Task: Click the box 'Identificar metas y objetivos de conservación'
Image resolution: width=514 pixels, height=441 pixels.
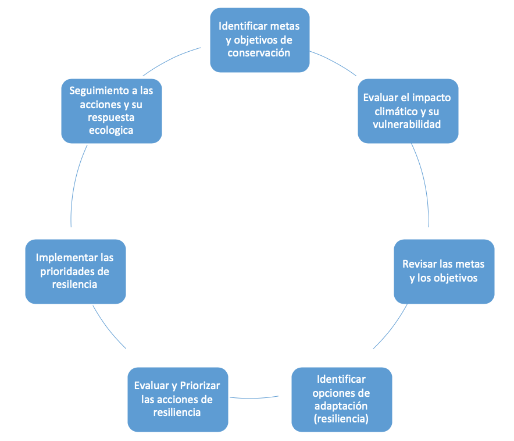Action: coord(260,40)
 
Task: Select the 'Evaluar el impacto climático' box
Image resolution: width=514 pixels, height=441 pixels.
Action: coord(408,111)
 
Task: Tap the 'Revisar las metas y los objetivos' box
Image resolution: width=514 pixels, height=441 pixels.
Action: coord(444,272)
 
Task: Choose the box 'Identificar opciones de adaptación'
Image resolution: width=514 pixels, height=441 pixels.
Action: coord(341,399)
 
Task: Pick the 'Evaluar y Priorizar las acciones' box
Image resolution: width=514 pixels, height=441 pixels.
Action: coord(178,399)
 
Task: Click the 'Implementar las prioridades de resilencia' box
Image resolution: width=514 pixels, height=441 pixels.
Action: coord(76,272)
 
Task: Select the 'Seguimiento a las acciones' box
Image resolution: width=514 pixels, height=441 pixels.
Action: coord(112,111)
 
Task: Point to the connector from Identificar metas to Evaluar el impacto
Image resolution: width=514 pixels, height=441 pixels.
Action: coord(334,62)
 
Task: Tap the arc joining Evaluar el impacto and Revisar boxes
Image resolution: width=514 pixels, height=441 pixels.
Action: coord(424,184)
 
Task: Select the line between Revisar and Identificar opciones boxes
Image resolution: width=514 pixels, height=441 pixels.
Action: coord(392,328)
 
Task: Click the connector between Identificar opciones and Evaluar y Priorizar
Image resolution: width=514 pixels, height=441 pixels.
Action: coord(254,398)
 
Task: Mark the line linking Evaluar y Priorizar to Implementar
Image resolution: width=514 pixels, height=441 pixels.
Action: coord(108,329)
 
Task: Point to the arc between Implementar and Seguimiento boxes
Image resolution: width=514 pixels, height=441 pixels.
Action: coord(75,184)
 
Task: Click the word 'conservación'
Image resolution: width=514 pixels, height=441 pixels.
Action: coord(259,53)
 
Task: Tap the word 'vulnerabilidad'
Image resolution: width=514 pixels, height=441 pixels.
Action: coord(407,125)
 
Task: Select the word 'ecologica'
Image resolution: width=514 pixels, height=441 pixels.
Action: coord(111,130)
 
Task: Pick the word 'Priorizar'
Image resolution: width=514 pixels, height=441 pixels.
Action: coord(200,386)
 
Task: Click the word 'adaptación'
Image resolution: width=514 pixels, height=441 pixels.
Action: coord(341,406)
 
